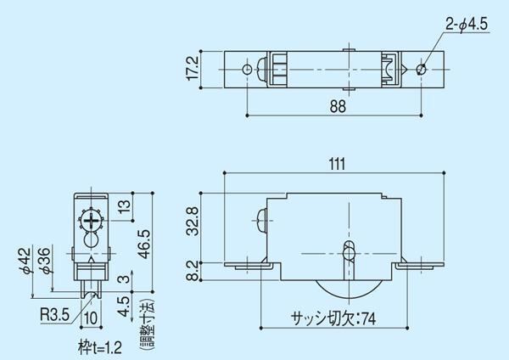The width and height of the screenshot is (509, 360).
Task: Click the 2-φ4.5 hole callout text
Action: [x=467, y=25]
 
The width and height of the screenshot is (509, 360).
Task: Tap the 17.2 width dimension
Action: [x=193, y=69]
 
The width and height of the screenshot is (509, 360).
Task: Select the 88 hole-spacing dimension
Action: [x=338, y=107]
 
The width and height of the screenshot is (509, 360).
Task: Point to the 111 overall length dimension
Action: [x=337, y=164]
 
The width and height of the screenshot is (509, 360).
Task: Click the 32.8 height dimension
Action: [x=193, y=221]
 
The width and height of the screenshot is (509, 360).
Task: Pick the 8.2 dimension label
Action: [x=193, y=271]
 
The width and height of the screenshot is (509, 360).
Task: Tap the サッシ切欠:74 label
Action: [x=333, y=318]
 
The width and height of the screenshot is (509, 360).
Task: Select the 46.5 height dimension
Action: [x=144, y=244]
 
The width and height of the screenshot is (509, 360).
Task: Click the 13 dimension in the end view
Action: [x=125, y=205]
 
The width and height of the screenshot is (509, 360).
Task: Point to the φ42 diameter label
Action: [x=26, y=261]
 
